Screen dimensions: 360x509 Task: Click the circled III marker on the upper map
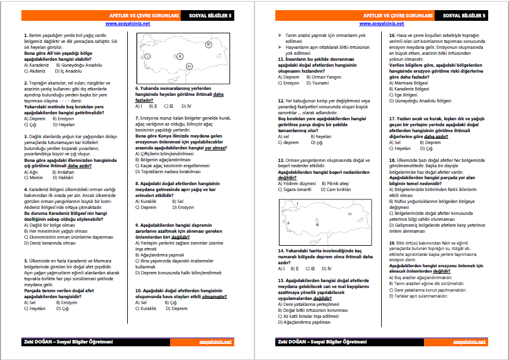point(209,45)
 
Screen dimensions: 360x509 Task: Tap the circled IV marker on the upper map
point(189,65)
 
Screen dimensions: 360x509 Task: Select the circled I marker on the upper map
point(147,55)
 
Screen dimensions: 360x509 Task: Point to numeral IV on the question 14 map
point(350,213)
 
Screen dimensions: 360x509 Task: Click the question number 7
point(137,118)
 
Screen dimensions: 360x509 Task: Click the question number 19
point(391,243)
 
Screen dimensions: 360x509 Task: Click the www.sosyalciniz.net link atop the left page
point(128,24)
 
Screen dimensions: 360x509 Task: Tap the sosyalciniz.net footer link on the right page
point(469,342)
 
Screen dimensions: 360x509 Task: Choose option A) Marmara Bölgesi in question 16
point(410,82)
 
